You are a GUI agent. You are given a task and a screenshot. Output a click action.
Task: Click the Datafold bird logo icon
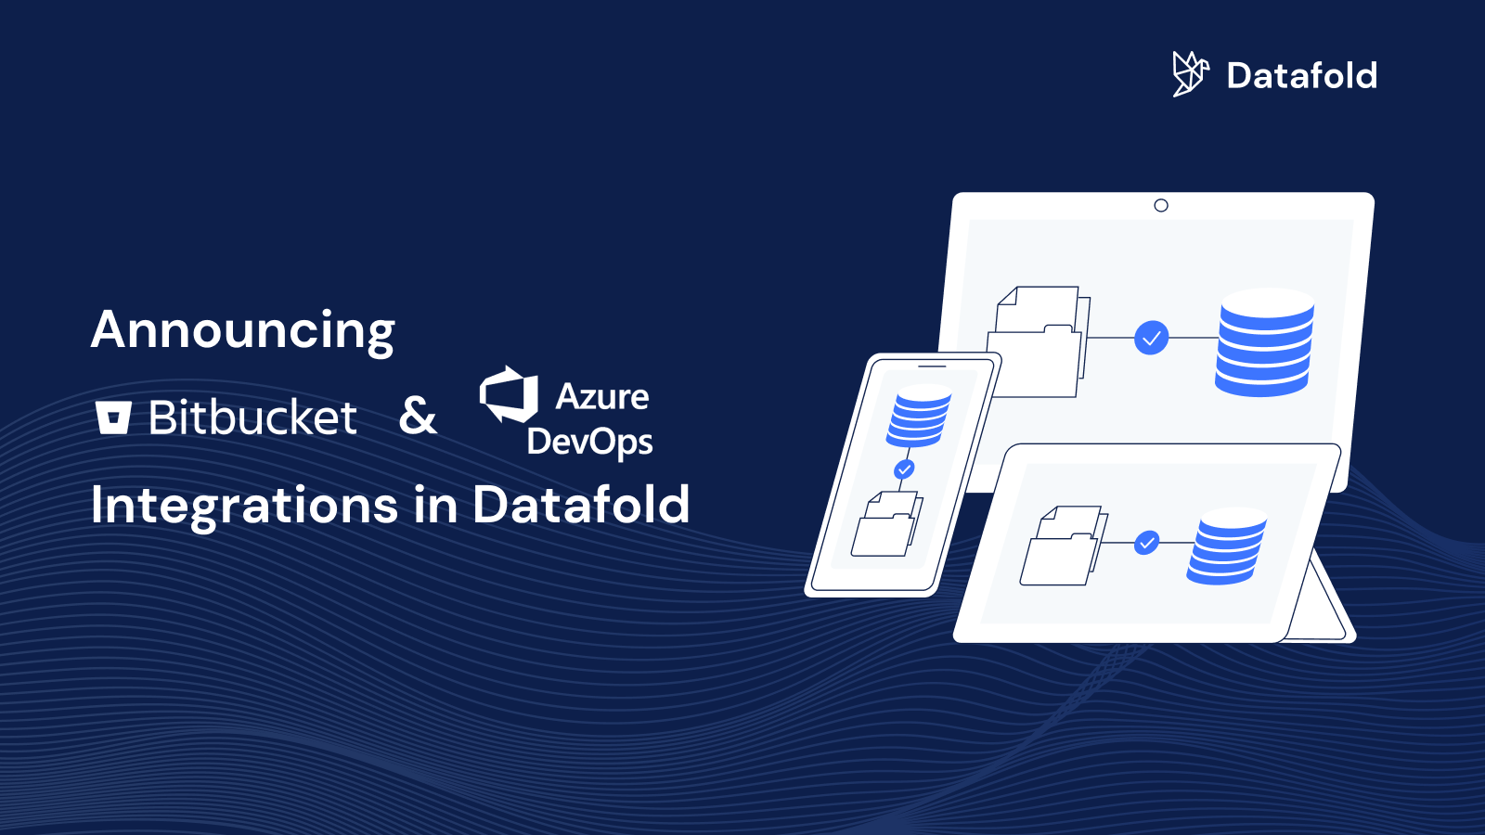pos(1190,74)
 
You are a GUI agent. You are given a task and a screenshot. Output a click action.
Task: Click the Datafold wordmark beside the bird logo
pos(1301,76)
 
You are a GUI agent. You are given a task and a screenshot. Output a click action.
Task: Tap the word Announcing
pos(243,330)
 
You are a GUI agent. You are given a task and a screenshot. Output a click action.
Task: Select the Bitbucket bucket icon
pos(113,417)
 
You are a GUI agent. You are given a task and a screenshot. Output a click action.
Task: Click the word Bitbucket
pos(252,417)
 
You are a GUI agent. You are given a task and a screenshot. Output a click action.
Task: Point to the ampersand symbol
pos(418,416)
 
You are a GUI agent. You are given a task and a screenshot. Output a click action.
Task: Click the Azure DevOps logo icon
pos(509,394)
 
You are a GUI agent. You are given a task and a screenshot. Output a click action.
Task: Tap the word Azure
pos(602,396)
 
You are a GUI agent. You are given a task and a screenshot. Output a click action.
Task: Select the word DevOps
pos(590,442)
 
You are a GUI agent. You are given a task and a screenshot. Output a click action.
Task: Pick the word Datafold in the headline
pos(581,505)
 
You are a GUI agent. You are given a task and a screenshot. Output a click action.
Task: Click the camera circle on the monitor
pos(1161,205)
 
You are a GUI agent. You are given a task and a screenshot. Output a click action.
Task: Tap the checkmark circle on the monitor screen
pos(1151,338)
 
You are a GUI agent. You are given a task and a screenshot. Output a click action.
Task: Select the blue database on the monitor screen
pos(1265,342)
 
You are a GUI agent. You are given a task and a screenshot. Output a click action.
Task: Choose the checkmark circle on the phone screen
pos(904,469)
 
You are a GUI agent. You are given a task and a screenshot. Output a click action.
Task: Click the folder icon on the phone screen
pos(886,526)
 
